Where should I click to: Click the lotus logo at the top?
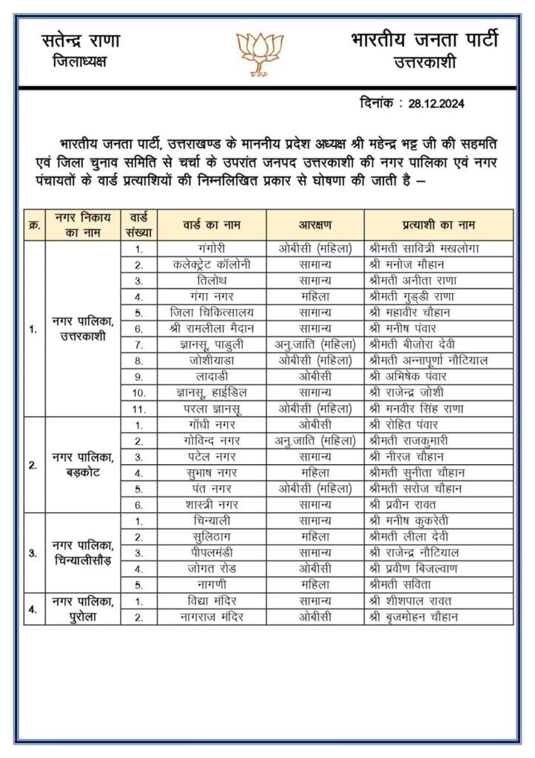[x=260, y=53]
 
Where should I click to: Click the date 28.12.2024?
[x=435, y=104]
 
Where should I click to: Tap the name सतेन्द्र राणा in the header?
[x=81, y=41]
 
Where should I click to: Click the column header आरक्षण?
[x=315, y=224]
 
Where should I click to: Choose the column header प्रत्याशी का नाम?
[x=437, y=224]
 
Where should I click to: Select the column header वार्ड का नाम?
[x=213, y=224]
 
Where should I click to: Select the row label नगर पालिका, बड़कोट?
[x=81, y=465]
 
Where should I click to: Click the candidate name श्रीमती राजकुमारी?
[x=411, y=440]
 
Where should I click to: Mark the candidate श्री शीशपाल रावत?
[x=410, y=600]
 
